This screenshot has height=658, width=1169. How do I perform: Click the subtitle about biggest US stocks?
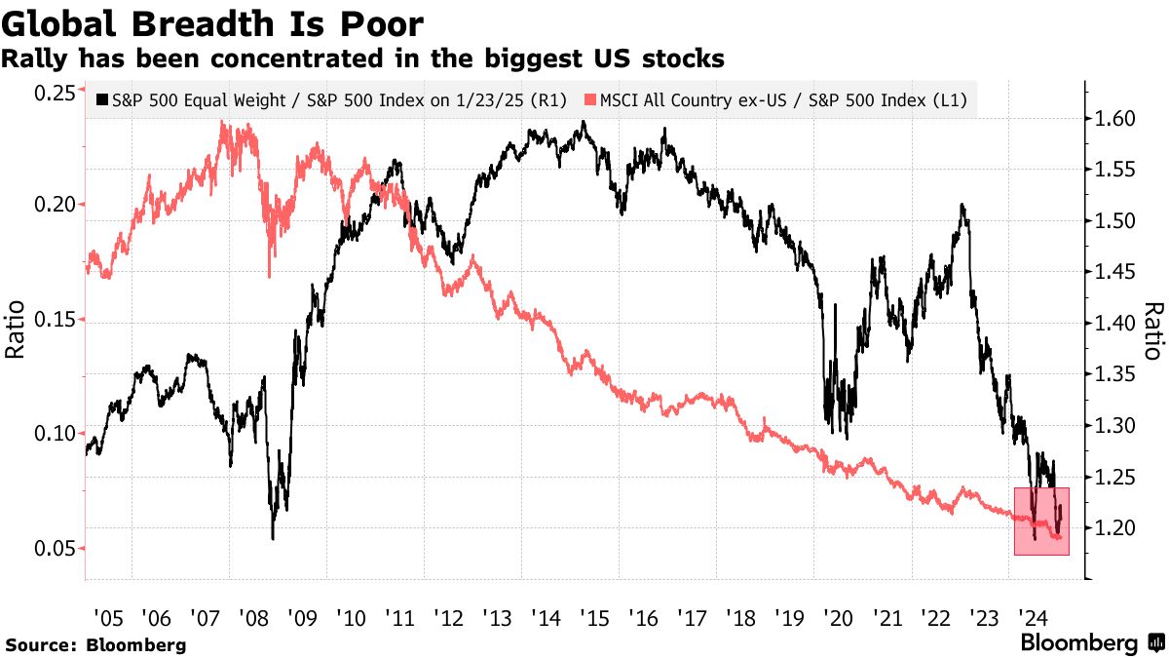(x=362, y=58)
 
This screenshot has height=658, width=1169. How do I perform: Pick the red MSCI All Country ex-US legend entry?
(x=779, y=100)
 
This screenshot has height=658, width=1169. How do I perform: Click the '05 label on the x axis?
(x=109, y=617)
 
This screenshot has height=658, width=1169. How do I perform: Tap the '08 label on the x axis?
(x=254, y=617)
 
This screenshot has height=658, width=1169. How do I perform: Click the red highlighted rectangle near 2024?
(x=1041, y=521)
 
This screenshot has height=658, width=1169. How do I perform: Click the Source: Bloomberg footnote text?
(x=95, y=644)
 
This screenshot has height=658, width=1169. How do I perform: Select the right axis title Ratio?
(x=1152, y=331)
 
